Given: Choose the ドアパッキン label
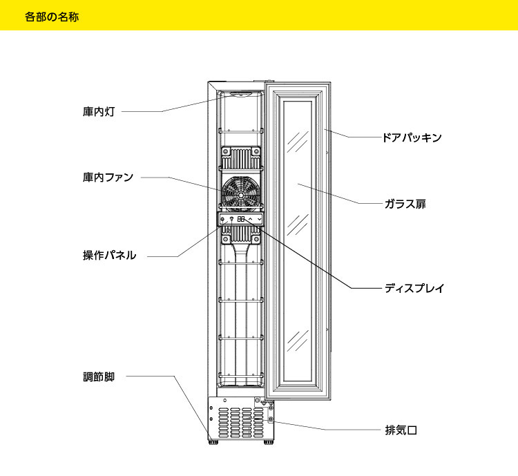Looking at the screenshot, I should click(412, 137).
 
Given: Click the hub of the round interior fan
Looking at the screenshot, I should click(240, 196).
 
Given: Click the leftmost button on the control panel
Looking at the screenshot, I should click(222, 219).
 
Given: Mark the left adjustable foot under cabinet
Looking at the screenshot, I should click(214, 438).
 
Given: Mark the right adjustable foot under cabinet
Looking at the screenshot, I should click(267, 438).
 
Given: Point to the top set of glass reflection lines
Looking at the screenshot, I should click(298, 140).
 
